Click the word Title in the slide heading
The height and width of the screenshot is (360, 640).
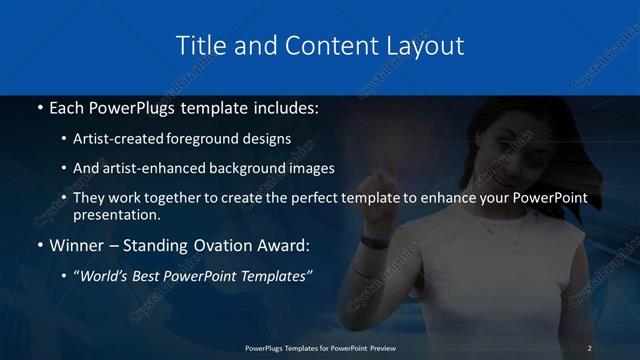click(x=200, y=46)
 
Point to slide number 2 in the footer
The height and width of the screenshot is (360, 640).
click(x=589, y=348)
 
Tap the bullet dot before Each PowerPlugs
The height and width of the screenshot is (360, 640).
click(x=39, y=107)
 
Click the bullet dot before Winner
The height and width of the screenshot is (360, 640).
click(x=39, y=245)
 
